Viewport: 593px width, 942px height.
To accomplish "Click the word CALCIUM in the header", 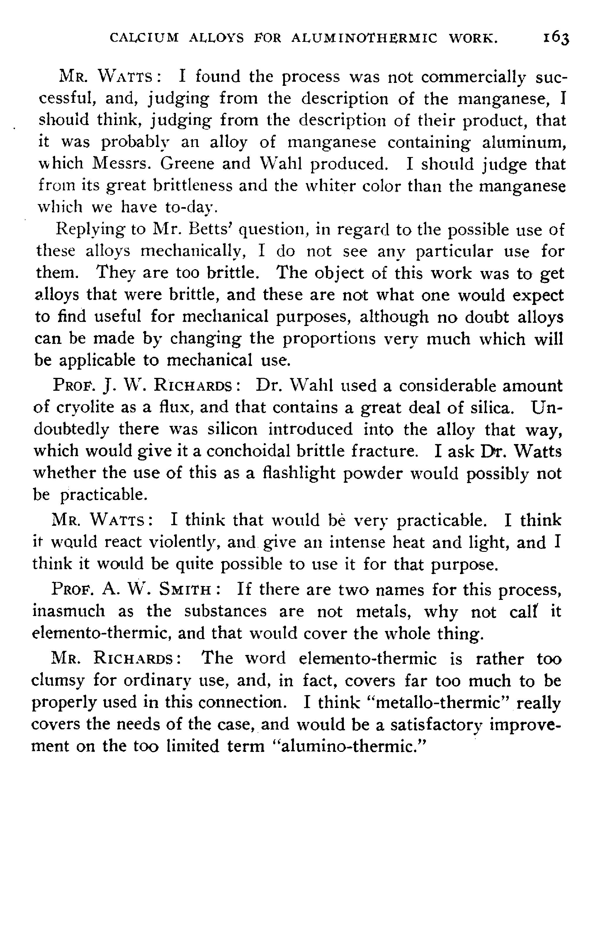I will coord(144,38).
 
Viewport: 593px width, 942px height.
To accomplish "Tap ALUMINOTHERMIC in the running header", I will coord(365,38).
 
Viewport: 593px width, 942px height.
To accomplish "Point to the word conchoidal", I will coord(248,451).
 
